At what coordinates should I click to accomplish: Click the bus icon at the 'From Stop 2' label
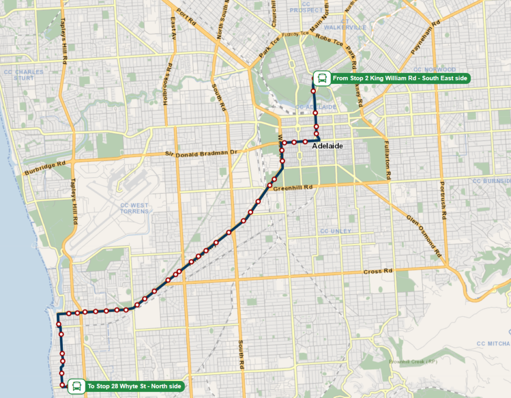point(322,78)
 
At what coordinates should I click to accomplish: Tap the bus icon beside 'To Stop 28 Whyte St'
point(76,386)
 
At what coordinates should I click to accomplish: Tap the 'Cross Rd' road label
point(378,272)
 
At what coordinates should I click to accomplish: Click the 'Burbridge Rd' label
point(44,168)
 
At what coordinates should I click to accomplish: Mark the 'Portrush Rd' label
point(442,200)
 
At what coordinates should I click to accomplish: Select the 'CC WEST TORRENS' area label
point(134,208)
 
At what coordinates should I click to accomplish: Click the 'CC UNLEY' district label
point(336,231)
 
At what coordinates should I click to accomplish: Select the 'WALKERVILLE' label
point(345,27)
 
